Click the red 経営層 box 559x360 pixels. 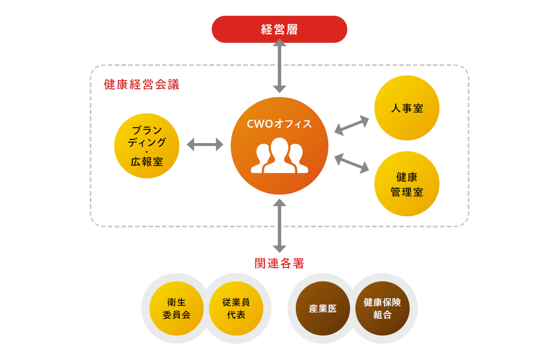279,29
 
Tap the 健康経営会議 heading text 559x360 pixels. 141,84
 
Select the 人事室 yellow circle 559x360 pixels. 407,108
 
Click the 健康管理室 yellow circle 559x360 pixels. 407,184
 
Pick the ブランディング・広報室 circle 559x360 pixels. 147,146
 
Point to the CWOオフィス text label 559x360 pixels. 279,124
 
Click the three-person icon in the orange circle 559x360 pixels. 279,156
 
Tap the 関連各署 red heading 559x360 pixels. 279,263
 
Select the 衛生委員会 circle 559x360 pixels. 176,308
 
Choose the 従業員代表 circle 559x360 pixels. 236,308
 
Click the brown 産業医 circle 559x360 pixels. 322,308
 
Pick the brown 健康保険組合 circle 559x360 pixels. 382,308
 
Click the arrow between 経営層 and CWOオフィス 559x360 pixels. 279,66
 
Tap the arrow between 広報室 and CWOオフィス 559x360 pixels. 205,144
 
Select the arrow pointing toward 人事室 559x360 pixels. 352,126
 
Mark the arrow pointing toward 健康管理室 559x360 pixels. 352,164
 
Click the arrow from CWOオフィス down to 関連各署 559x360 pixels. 279,226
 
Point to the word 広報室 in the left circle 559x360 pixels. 147,162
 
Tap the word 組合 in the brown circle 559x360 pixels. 382,315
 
